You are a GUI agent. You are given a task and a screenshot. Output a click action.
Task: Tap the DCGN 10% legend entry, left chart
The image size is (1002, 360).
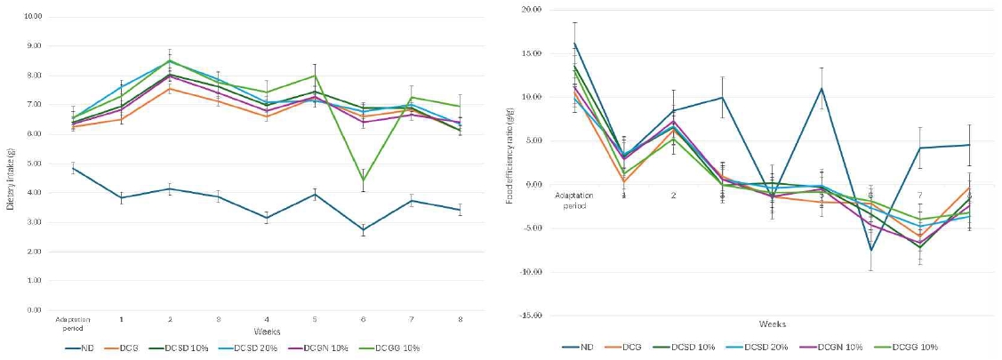pyautogui.click(x=334, y=348)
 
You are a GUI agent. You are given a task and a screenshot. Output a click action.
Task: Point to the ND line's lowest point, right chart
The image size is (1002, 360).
pyautogui.click(x=871, y=250)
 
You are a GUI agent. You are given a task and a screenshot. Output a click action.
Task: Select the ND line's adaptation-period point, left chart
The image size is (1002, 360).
pyautogui.click(x=73, y=168)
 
